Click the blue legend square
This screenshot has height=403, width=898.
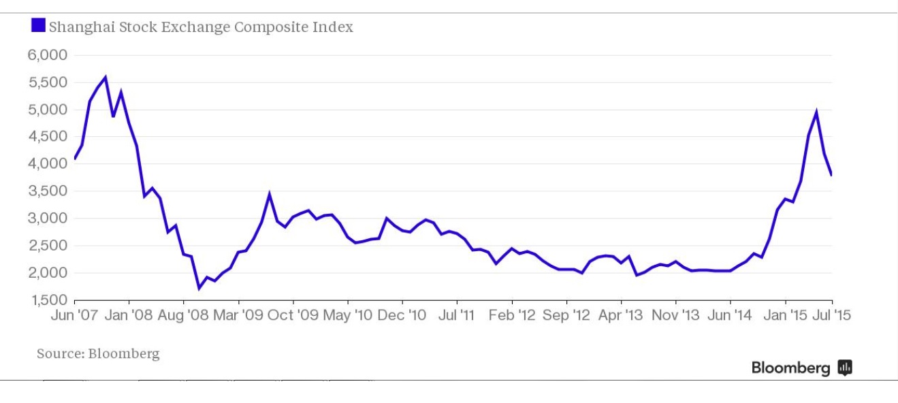[39, 27]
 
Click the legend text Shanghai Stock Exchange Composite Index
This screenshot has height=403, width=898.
[201, 27]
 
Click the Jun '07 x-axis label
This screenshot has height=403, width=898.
[75, 315]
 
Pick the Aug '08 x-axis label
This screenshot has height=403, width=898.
[184, 315]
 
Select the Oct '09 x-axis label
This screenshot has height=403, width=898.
[293, 315]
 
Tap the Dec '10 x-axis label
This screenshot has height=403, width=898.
[402, 315]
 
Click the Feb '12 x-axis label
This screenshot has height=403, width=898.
[512, 315]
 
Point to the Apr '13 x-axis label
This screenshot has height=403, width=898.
[621, 315]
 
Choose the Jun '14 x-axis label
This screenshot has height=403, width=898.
[730, 315]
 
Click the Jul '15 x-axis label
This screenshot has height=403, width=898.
[832, 315]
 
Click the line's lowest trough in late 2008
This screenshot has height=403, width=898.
[199, 288]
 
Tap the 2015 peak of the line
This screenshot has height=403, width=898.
[816, 112]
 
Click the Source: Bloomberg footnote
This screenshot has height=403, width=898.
[98, 354]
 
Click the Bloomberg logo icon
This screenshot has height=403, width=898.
[845, 368]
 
